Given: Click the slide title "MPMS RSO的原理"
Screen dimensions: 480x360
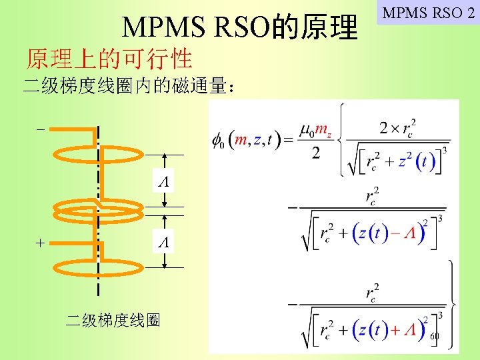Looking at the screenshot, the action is (240, 26).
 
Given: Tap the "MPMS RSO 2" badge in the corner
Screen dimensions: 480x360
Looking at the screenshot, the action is (428, 12).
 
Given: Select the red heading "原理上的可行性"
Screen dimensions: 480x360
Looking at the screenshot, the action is (109, 59).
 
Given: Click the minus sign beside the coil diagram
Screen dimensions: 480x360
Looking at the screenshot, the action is (41, 129).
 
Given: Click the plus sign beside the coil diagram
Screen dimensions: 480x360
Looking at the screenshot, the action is (41, 244).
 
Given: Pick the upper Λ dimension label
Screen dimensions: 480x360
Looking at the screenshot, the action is (163, 181).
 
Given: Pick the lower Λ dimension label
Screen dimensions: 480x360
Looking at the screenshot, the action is (163, 244).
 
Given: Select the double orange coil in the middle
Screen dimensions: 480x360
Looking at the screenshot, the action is (98, 212).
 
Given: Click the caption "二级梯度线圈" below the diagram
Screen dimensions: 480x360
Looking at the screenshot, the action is (113, 321).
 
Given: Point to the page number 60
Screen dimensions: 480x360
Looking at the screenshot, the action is (435, 336).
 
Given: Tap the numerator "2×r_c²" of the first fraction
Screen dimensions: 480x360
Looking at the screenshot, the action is (398, 126).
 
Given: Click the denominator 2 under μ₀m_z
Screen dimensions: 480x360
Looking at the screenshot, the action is (315, 153).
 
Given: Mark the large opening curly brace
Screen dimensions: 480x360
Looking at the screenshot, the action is (341, 139).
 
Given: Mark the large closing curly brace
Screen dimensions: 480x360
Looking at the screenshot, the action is (453, 303).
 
